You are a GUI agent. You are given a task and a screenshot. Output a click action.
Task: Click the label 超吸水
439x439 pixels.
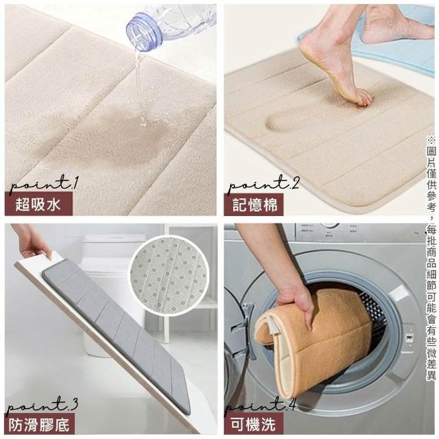(x=38, y=204)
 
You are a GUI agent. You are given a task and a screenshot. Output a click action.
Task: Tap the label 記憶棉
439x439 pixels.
(x=254, y=204)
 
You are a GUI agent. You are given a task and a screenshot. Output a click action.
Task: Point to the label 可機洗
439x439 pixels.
(x=253, y=424)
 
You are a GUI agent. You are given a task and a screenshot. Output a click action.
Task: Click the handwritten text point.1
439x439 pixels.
(x=44, y=184)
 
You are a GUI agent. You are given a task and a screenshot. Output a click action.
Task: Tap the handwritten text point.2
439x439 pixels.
(x=263, y=184)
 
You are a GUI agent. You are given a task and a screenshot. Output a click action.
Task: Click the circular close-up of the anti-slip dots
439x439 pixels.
(x=169, y=275)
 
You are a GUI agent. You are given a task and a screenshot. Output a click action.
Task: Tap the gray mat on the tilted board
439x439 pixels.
(x=117, y=331)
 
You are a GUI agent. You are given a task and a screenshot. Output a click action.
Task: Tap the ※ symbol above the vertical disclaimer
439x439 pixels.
(x=431, y=139)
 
